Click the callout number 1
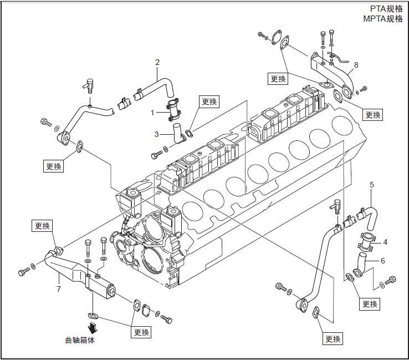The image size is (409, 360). tap(153, 113)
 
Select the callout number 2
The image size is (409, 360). tap(157, 62)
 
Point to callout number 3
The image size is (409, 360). tap(157, 134)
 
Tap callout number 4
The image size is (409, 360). tap(385, 241)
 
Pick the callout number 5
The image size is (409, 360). tap(371, 184)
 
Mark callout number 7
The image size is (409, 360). tap(58, 288)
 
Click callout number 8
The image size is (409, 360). tap(356, 65)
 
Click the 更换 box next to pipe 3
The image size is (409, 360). tap(209, 102)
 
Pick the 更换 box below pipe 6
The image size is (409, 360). tap(370, 304)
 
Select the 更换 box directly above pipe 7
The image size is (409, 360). tap(42, 226)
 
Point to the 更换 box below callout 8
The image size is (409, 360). tap(373, 115)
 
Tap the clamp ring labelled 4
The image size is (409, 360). tap(366, 242)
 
